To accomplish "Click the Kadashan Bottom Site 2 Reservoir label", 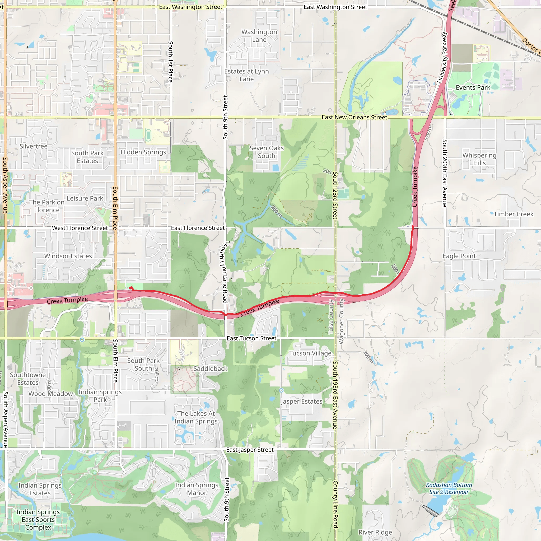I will [449, 488].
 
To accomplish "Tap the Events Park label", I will [473, 88].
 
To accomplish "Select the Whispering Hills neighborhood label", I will [479, 159].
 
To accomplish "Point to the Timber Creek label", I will [513, 214].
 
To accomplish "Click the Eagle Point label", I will [459, 256].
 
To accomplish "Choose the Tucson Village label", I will [310, 353].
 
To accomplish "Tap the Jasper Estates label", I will [302, 402].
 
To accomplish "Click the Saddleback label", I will [211, 369].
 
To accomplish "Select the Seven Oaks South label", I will [267, 152].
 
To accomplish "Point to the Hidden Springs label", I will [143, 152].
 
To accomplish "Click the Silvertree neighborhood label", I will [34, 146].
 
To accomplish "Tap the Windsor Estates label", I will [68, 256].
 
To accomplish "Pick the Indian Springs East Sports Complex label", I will [38, 520].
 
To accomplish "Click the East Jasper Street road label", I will [250, 450].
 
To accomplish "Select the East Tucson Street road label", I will [251, 338].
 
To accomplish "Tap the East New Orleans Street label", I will [354, 117].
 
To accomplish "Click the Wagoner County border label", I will [341, 321].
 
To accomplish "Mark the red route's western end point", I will [130, 288].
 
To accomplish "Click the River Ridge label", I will [375, 532].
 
